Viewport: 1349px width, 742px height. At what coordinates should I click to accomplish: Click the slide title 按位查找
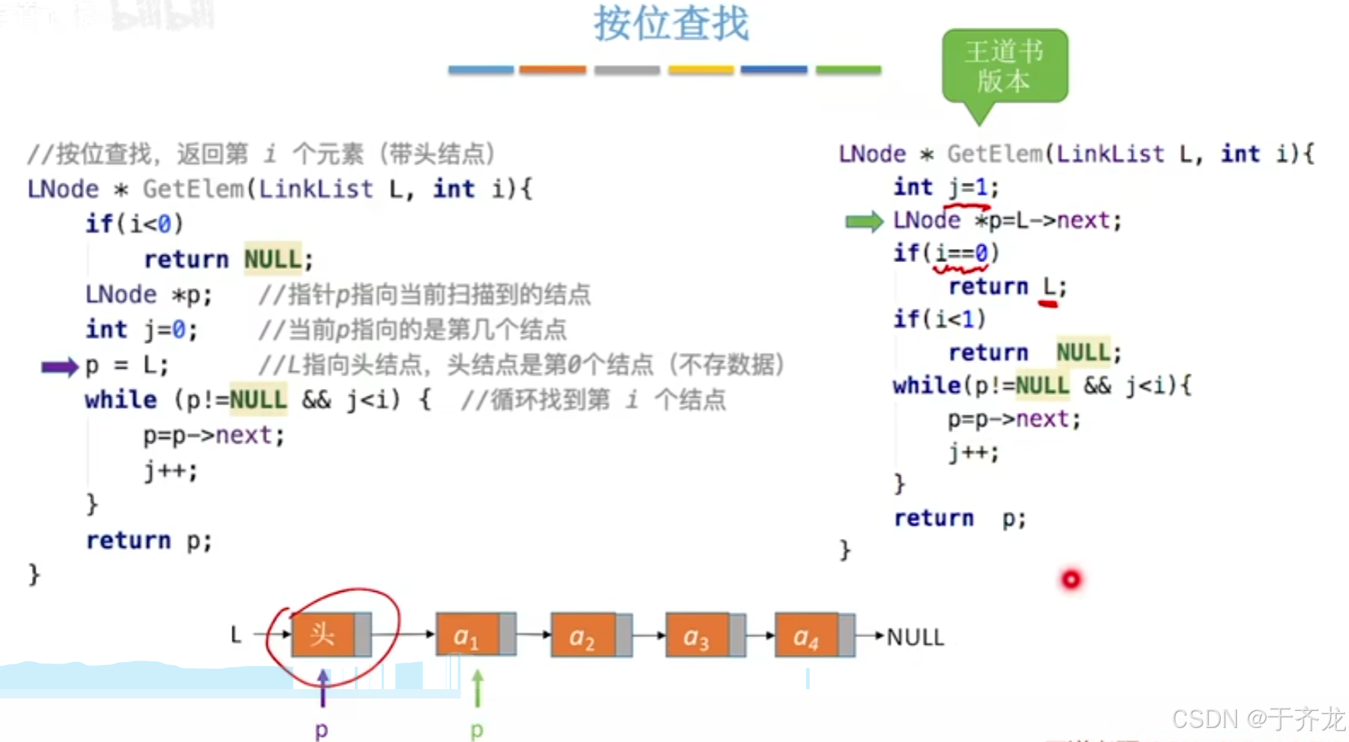pos(671,23)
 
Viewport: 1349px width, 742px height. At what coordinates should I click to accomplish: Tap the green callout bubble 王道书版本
pos(1004,67)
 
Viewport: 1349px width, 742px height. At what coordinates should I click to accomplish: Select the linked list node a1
pos(468,636)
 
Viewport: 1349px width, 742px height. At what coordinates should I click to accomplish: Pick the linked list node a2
pos(583,636)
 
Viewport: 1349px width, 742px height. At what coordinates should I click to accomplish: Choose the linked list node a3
pos(697,636)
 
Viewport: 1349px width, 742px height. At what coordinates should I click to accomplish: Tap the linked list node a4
pos(807,636)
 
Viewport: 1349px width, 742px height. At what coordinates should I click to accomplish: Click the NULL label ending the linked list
pos(916,637)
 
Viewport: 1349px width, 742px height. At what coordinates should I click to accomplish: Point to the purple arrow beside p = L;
pos(60,366)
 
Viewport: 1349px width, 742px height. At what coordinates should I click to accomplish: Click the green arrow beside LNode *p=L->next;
pos(864,222)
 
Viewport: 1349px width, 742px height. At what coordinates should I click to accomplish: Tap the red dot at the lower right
pos(1071,579)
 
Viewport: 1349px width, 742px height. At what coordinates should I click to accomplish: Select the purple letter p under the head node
pos(321,730)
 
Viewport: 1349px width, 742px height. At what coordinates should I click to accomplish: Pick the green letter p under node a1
pos(477,730)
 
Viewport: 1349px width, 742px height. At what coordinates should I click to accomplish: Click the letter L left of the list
pos(236,635)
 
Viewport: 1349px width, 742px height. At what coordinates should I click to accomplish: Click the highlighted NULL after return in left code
pos(272,259)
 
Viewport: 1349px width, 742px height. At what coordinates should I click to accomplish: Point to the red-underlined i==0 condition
pos(961,253)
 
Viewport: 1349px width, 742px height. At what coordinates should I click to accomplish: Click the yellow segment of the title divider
pos(701,70)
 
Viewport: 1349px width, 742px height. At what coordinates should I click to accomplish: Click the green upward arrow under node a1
pos(478,688)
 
